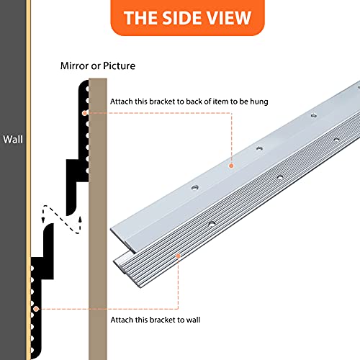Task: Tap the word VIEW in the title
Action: (x=229, y=18)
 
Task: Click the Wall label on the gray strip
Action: (x=13, y=140)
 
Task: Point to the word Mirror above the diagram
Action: (x=74, y=66)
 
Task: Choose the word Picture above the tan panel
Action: (x=120, y=66)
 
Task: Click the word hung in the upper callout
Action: (x=259, y=102)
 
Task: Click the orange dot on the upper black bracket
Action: (x=84, y=113)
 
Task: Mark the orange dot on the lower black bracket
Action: (x=36, y=309)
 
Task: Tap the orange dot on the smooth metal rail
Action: (x=231, y=166)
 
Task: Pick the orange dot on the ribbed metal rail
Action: (x=178, y=256)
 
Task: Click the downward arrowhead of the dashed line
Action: (x=43, y=220)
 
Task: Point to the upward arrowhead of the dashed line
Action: (x=80, y=219)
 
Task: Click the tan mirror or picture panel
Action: (x=98, y=219)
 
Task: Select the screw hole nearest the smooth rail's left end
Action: (x=194, y=187)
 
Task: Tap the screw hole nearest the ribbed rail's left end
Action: (x=212, y=224)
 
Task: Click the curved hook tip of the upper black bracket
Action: (x=70, y=213)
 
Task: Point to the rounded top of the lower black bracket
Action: (x=50, y=226)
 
